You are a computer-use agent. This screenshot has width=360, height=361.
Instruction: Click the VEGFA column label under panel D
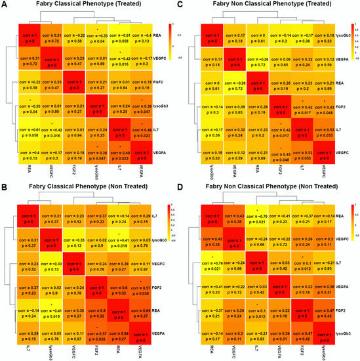tap(277, 352)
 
